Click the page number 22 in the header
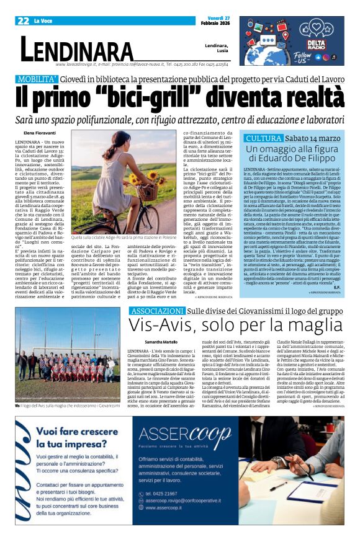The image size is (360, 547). pos(24,21)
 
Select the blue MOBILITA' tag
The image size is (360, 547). pos(37,79)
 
